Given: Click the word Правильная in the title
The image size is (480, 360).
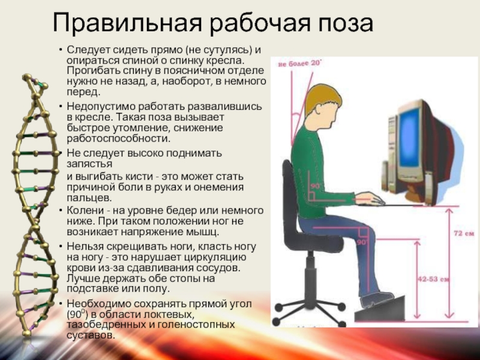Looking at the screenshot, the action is coord(127,23).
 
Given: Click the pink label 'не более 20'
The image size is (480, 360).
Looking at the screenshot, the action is coord(299,64).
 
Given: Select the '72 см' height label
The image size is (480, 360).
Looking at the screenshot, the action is coord(463,233).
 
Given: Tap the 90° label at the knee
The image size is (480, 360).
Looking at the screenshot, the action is coord(362,242).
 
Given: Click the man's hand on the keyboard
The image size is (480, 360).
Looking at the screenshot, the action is coord(370,199).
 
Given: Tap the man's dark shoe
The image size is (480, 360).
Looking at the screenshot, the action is coord(377,299).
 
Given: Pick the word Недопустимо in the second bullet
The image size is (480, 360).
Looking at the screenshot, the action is coord(101,107).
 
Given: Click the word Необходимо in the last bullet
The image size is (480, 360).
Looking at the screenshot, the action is coord(98,304).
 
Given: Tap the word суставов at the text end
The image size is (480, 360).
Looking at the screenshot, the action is coord(91,335).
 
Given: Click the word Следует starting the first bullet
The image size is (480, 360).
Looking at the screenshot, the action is coord(87,50).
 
